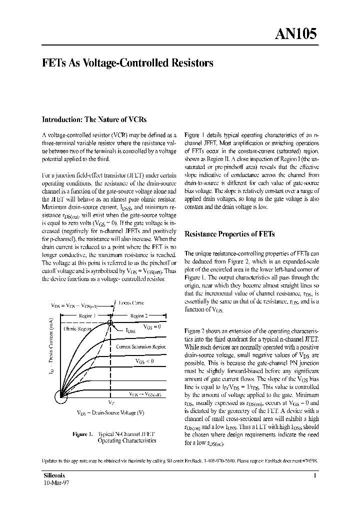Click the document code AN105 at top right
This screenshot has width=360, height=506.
point(295,33)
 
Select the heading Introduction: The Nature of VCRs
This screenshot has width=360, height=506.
point(93,119)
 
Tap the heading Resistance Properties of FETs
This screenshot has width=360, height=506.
point(229,234)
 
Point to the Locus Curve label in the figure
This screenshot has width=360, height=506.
point(131,303)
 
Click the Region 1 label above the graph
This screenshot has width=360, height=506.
point(87,316)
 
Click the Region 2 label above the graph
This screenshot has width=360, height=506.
point(139,316)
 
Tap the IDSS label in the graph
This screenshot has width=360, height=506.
point(131,331)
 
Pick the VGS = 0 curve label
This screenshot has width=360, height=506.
point(152,326)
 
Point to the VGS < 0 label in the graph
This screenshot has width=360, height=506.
point(145,360)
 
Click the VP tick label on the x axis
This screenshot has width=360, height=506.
point(111,402)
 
